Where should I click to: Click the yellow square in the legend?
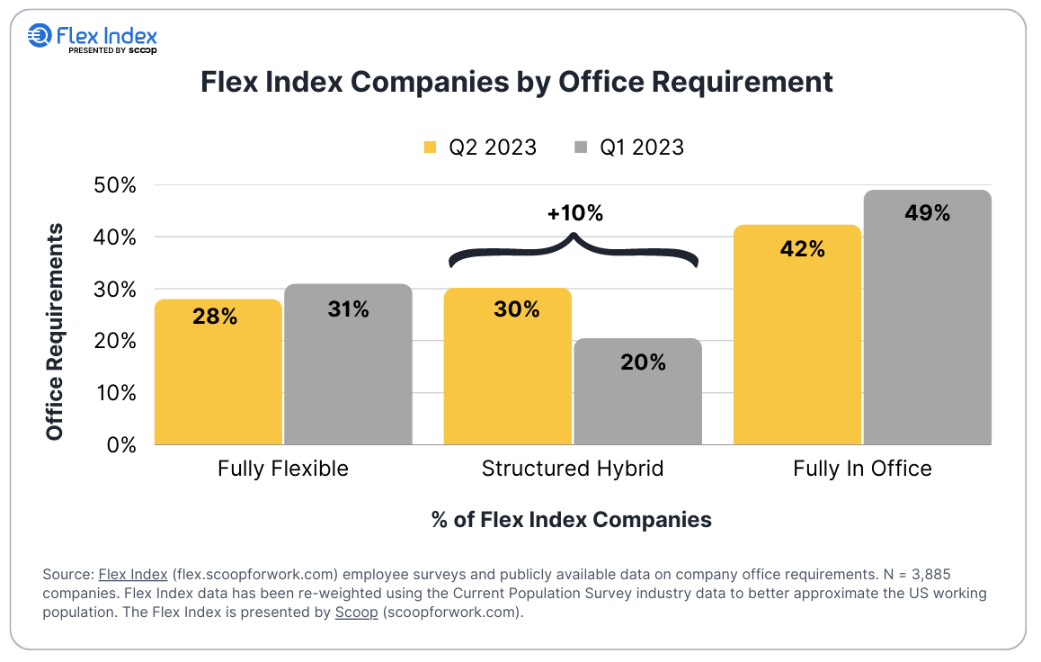[431, 147]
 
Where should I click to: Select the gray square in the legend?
[581, 147]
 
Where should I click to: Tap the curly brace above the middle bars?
[574, 250]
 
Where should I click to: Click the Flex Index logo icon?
[40, 36]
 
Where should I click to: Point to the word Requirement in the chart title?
[741, 82]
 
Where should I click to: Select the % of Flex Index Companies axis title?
[572, 519]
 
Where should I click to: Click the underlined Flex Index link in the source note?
[132, 574]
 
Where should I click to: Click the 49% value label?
[928, 213]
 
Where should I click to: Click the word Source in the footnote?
[66, 574]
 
